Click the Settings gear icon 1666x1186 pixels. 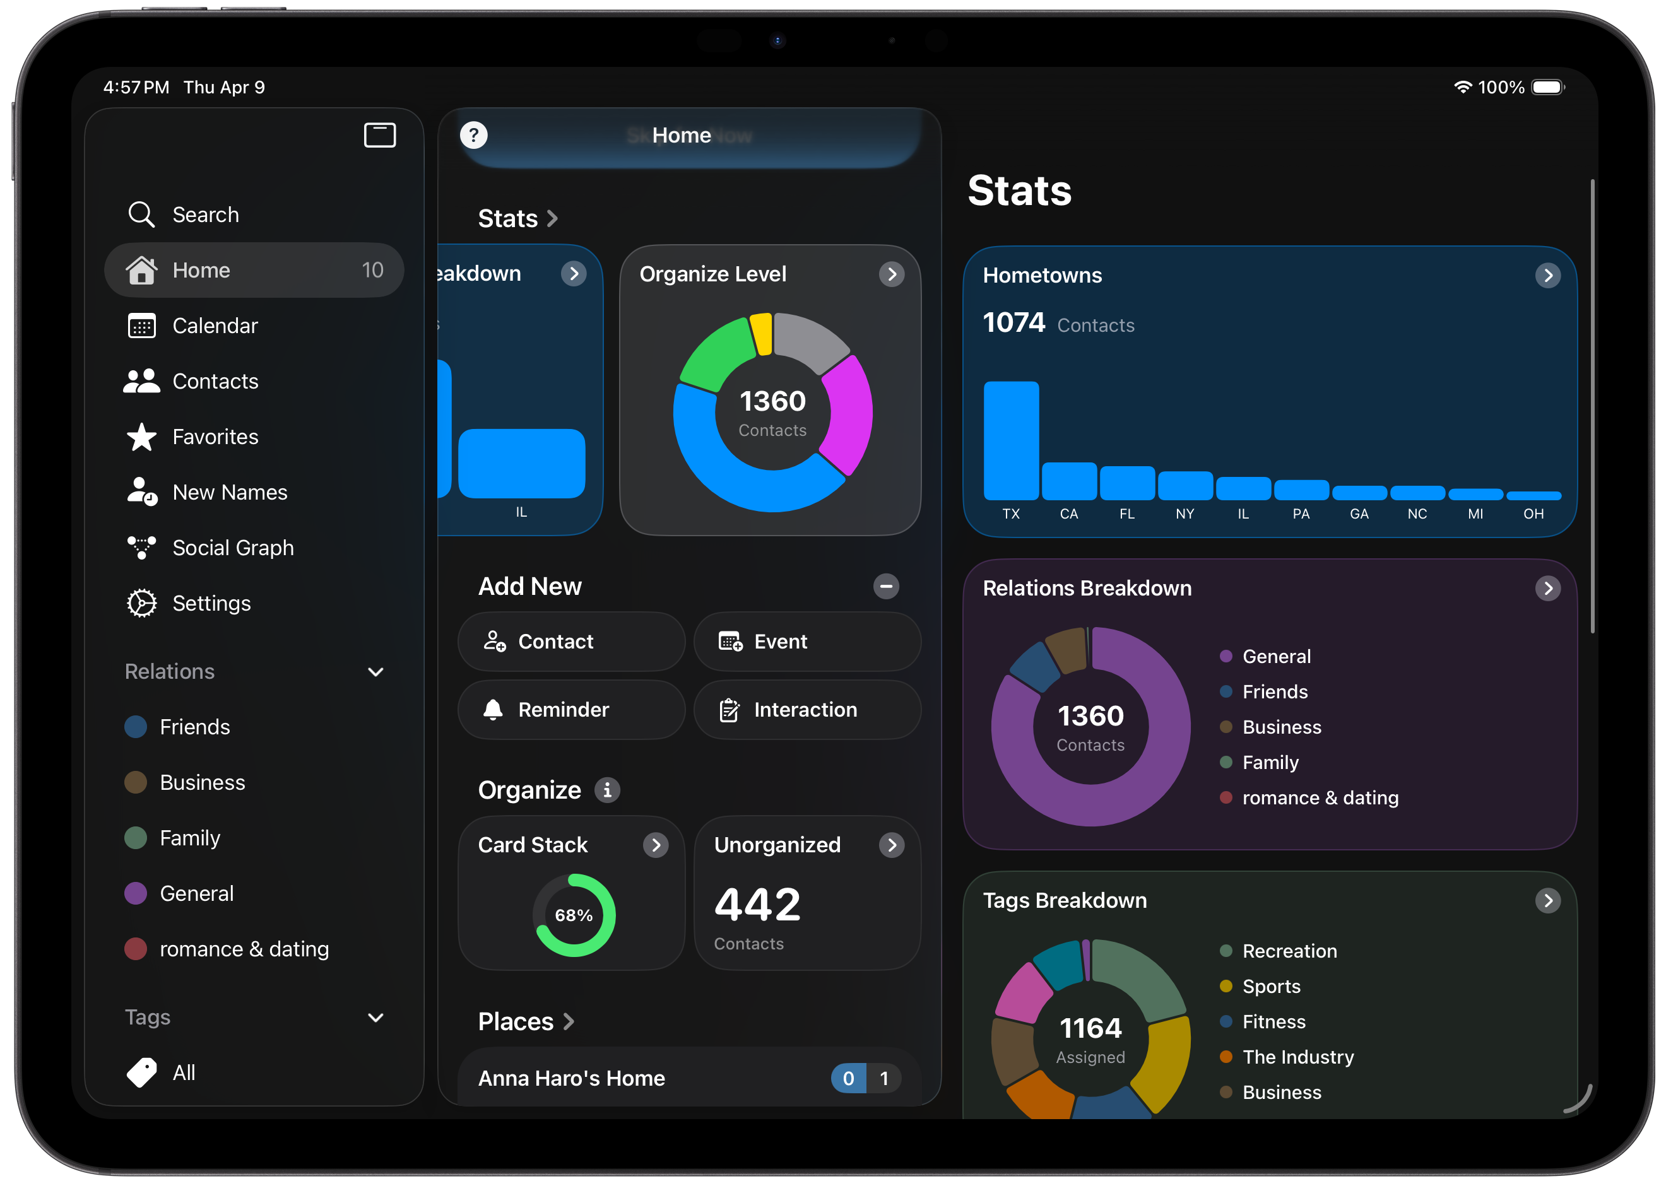[142, 603]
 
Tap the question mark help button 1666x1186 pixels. [473, 135]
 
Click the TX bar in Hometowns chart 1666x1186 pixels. [1011, 440]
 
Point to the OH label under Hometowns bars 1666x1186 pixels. [1533, 514]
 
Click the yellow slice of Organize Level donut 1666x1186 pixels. [761, 334]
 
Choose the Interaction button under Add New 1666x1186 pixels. [807, 710]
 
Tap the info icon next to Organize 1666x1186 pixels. [607, 790]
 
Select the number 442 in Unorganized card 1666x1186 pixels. [757, 905]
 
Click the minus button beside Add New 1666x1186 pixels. [886, 587]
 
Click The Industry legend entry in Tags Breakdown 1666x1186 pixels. [1287, 1057]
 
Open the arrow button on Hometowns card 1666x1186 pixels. [1548, 275]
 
